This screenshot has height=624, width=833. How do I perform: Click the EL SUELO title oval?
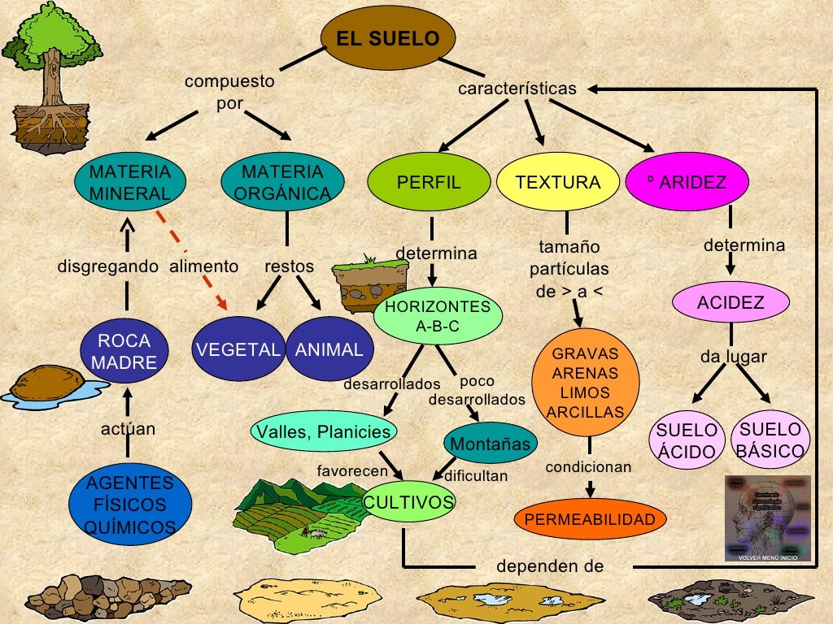coord(388,39)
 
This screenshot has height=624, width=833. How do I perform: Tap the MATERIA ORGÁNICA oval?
coord(282,183)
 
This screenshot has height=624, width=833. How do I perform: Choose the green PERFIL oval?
coord(428,183)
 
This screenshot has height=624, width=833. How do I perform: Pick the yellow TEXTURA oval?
coord(557,183)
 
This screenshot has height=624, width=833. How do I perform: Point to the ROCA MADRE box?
coord(124,352)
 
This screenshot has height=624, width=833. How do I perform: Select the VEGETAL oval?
coord(237,350)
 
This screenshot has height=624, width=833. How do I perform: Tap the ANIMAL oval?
coord(329,350)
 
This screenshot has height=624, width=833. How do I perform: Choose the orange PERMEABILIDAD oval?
coord(590,519)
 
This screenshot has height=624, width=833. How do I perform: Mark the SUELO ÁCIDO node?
coord(687,441)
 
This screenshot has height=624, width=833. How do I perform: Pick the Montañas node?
coord(491,444)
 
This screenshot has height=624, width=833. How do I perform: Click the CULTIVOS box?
coord(408,503)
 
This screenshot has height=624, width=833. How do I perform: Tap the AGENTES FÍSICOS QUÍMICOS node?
coord(129,505)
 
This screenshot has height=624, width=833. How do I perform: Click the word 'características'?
coord(517,89)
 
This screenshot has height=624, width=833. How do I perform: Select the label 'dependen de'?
coord(550,566)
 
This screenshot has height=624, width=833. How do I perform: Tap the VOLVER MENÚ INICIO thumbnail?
coord(767,518)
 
